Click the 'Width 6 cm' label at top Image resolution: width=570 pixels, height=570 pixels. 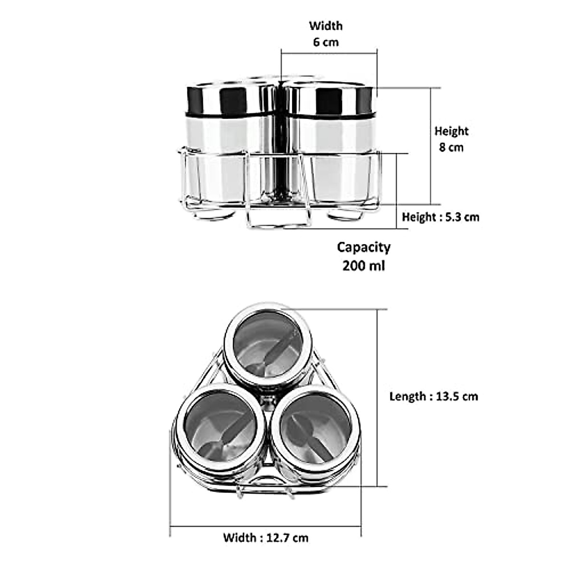(325, 34)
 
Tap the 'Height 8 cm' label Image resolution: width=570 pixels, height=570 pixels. (451, 139)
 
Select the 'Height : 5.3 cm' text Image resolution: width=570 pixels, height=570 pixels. (440, 217)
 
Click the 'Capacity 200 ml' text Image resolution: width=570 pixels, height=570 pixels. (363, 256)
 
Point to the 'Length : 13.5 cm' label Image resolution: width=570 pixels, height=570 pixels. (433, 396)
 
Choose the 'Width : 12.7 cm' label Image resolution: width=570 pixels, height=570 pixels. (266, 538)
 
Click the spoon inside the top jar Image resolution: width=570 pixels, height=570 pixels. (275, 351)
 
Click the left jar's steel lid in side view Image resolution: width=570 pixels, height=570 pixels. (228, 99)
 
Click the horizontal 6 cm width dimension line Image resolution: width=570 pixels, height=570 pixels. (329, 52)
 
